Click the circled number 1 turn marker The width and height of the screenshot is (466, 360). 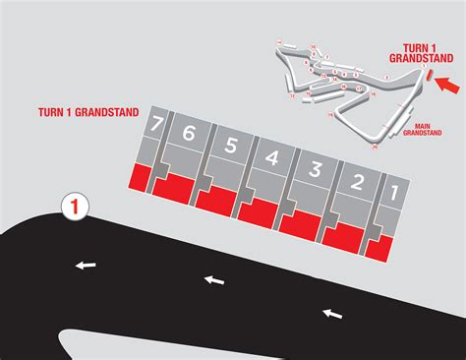[76, 208]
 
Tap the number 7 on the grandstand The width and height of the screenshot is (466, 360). [155, 125]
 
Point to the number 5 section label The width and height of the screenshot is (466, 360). [231, 146]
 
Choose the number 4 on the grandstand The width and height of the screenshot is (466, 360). [273, 157]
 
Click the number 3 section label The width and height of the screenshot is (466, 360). [315, 169]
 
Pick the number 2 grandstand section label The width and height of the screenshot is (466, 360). [358, 181]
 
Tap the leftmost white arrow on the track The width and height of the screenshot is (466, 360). [87, 264]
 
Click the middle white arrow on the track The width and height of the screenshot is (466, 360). [213, 281]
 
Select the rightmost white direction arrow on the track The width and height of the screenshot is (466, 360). [333, 313]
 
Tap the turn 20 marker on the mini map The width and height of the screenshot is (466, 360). [375, 145]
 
